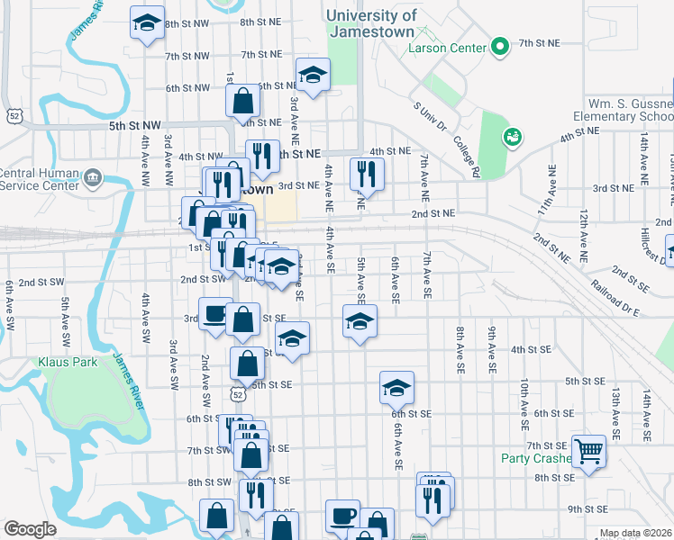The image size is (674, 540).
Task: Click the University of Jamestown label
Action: pos(372,22)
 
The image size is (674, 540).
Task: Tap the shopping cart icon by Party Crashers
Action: pos(588,449)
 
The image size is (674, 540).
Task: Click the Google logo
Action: pos(30,529)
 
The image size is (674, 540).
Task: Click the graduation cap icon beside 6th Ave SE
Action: pos(396,387)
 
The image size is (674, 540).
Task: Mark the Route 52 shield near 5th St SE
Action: pos(236,393)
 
